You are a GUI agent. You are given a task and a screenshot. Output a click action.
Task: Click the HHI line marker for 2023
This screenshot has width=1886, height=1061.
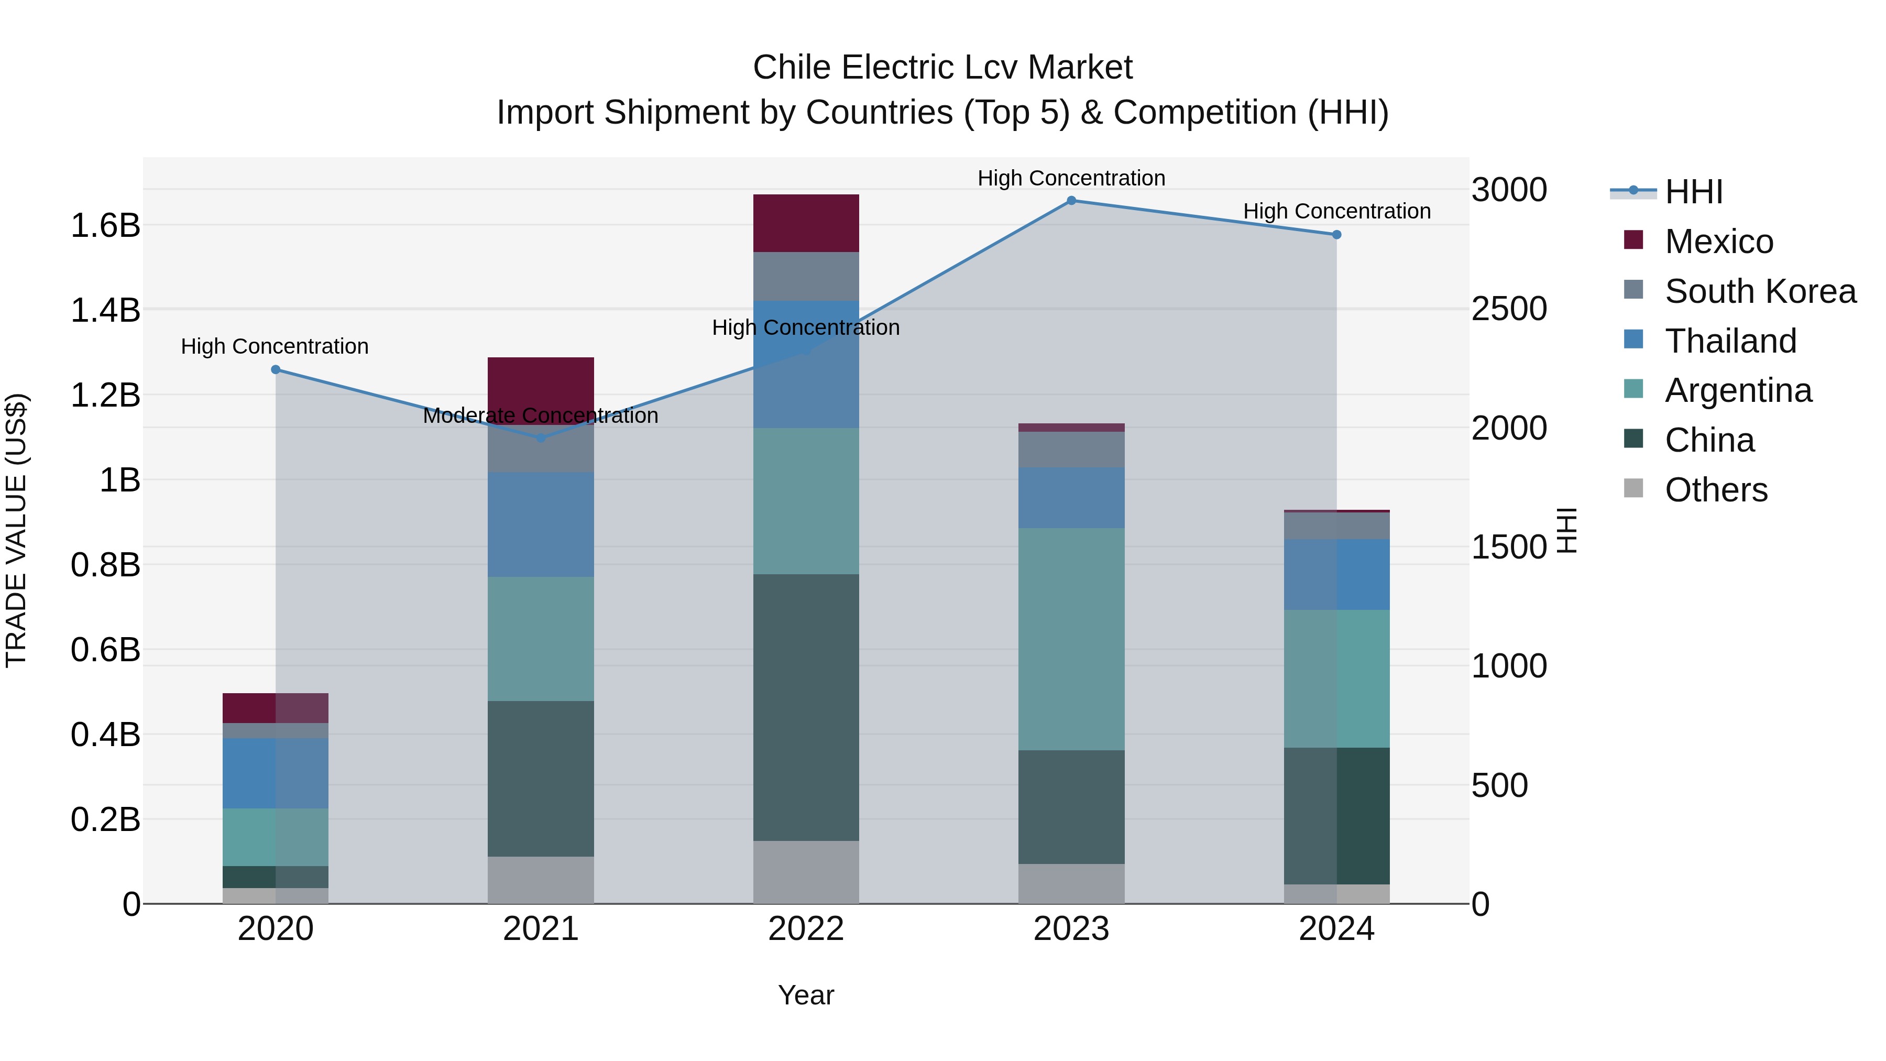(x=1071, y=200)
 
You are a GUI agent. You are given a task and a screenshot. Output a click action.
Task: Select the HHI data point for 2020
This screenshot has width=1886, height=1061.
(x=275, y=370)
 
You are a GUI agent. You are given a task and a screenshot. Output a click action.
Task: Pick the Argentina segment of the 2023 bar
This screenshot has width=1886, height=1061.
(x=1071, y=639)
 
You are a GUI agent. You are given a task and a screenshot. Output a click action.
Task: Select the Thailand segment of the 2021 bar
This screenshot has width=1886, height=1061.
(x=540, y=524)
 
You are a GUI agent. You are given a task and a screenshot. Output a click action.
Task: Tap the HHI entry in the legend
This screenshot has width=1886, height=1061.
(x=1693, y=192)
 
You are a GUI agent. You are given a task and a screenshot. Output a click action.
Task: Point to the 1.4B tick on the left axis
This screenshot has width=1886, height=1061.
(x=105, y=310)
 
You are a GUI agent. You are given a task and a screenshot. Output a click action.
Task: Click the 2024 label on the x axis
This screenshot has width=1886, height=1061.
(x=1336, y=929)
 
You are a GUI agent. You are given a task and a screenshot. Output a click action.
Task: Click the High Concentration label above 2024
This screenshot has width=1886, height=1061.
(x=1336, y=211)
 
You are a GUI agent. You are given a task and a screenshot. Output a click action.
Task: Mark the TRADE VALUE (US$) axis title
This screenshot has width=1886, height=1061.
(x=16, y=530)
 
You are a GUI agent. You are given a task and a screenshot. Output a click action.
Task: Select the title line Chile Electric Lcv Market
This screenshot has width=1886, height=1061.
(x=942, y=68)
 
